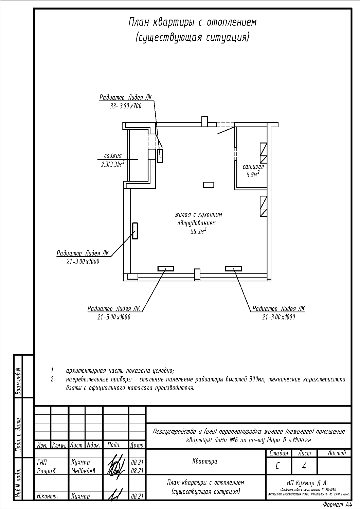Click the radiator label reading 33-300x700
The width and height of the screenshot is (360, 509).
tap(125, 106)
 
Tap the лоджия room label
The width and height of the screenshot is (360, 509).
tap(113, 156)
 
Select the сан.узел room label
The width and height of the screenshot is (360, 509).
tap(253, 167)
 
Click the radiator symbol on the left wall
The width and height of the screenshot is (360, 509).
tap(135, 231)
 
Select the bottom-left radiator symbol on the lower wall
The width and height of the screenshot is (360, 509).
tap(166, 268)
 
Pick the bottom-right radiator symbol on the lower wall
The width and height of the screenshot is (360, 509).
tap(234, 268)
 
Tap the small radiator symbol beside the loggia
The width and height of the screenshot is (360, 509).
tap(160, 156)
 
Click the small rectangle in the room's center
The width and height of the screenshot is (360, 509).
tap(209, 185)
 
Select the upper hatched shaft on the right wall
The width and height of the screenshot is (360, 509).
tap(264, 153)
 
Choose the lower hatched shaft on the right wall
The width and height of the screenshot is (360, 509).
tap(264, 206)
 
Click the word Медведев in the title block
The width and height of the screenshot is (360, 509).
tap(83, 471)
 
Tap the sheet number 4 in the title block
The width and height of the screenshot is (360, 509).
tap(304, 467)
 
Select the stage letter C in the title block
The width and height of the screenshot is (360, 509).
tap(278, 467)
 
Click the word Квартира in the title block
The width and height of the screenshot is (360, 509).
tap(204, 461)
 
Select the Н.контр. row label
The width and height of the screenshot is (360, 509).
tap(47, 496)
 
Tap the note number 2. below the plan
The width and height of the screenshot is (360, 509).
tap(53, 379)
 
